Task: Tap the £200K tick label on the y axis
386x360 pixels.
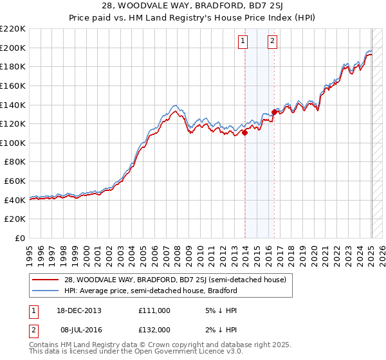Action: (13, 48)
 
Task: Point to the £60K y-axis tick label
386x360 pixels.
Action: (15, 181)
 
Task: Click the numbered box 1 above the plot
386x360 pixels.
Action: (243, 42)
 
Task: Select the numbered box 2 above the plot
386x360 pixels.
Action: (273, 42)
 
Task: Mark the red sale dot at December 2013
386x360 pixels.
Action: (245, 132)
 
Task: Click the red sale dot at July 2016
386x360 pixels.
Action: (274, 113)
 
